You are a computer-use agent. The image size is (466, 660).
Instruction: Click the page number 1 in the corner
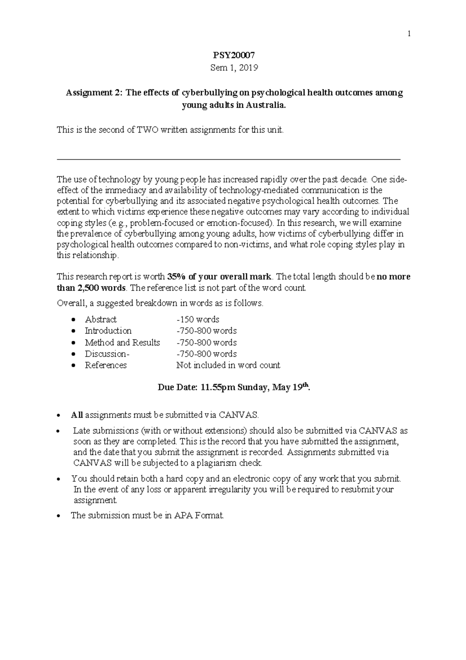pyautogui.click(x=409, y=34)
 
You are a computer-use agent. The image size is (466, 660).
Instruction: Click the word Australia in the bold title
pyautogui.click(x=265, y=105)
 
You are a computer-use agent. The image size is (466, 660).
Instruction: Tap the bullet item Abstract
pyautogui.click(x=101, y=320)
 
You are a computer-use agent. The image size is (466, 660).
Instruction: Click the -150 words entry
pyautogui.click(x=198, y=320)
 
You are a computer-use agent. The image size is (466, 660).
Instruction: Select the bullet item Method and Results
pyautogui.click(x=122, y=342)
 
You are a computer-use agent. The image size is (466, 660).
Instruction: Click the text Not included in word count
pyautogui.click(x=228, y=365)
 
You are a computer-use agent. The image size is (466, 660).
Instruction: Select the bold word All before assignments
pyautogui.click(x=77, y=415)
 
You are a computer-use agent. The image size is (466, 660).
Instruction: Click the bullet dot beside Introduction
pyautogui.click(x=74, y=332)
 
